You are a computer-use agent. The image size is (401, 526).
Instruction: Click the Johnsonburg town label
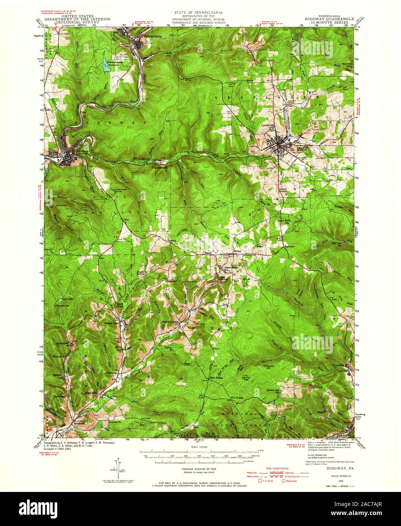click(143, 37)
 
